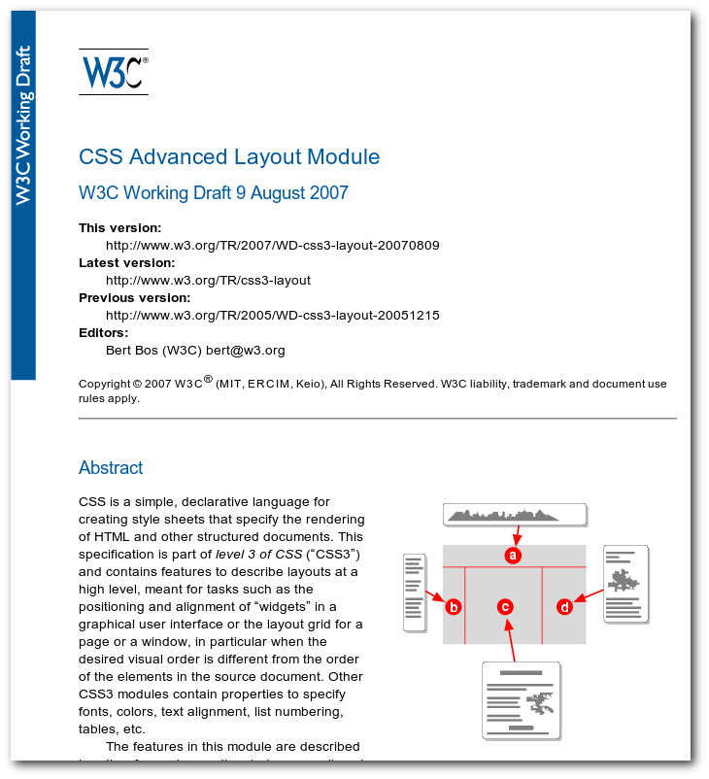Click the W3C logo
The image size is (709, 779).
click(x=114, y=72)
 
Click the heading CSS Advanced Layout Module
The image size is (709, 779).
click(x=229, y=157)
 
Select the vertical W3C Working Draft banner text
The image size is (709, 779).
click(x=23, y=125)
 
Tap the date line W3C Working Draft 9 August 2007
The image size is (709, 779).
click(x=213, y=193)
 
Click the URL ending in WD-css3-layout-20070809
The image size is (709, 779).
click(x=272, y=246)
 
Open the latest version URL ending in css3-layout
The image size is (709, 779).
click(x=208, y=281)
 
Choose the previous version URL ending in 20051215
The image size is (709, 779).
click(x=272, y=316)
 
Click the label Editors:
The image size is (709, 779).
click(x=103, y=333)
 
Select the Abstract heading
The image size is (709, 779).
click(x=111, y=468)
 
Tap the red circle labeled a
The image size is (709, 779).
click(x=514, y=556)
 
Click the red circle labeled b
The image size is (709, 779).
click(x=453, y=607)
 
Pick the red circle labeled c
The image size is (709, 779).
click(x=505, y=607)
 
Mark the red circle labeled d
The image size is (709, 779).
click(x=565, y=607)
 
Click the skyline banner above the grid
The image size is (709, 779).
click(x=515, y=514)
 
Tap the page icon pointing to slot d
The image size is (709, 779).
click(x=625, y=584)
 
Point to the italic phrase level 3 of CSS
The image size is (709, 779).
click(x=259, y=555)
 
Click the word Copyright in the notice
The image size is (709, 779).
click(x=104, y=385)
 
